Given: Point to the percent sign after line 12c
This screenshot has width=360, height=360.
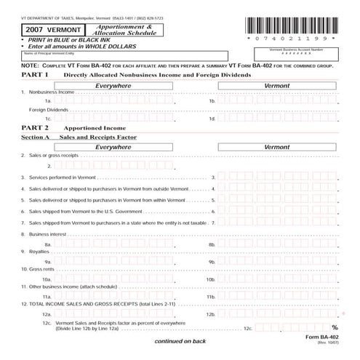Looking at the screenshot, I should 335,328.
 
